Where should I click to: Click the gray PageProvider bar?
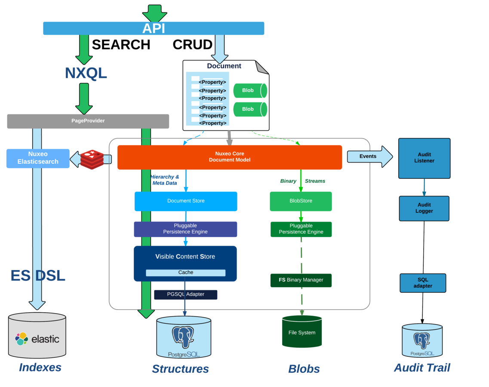coord(88,121)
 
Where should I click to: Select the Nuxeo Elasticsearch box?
coord(38,158)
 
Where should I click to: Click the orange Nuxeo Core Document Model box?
coord(229,157)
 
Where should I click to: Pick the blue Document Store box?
coord(186,201)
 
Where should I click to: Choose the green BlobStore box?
coord(301,201)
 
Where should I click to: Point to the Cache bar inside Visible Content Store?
coord(185,273)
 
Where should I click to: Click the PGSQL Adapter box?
coord(185,295)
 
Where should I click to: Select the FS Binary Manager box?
coord(301,280)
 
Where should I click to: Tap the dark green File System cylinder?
coord(301,332)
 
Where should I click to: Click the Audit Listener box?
coord(424,158)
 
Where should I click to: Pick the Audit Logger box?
coord(424,209)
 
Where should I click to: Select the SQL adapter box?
coord(423,283)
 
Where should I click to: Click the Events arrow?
coord(369,157)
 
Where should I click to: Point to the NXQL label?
coord(86,73)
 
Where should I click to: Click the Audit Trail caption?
coord(421,368)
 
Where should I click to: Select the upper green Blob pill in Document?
coord(250,91)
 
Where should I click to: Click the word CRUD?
coord(192,45)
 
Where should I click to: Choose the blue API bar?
coord(154,28)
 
